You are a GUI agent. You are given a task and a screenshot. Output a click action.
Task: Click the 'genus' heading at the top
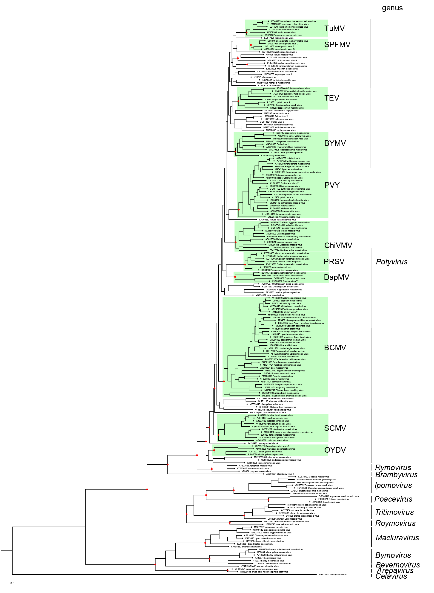coord(392,8)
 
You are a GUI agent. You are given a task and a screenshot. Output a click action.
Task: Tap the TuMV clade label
coord(334,28)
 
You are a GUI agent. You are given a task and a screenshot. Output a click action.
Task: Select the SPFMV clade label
coord(337,45)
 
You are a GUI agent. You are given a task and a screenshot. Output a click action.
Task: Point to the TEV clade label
coord(331,98)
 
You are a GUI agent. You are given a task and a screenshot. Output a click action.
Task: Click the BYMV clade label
coord(335,143)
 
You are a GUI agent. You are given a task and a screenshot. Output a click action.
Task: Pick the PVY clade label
coord(332,185)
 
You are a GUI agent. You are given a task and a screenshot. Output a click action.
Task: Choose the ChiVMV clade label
coord(338,245)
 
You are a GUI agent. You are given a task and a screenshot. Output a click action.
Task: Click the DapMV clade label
coord(337,277)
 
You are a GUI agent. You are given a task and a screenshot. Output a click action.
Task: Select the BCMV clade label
coord(335,348)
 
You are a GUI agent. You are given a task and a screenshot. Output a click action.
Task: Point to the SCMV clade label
coord(335,428)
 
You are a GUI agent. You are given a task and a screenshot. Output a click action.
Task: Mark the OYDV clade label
coord(335,450)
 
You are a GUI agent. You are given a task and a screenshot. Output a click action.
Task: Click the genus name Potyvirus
coord(391,262)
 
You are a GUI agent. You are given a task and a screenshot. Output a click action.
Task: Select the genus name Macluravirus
coord(397,538)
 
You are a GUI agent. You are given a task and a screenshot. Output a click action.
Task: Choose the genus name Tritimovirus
coord(394,512)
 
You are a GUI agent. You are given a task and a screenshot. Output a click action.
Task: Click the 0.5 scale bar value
coord(12,583)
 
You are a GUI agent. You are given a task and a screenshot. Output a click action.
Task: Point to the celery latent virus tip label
coord(333,575)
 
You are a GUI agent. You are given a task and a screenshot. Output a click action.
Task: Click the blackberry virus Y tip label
coord(280,474)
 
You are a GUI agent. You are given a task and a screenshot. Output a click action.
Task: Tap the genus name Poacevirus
coord(393,499)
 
